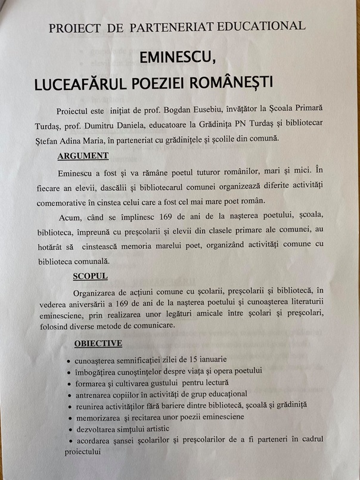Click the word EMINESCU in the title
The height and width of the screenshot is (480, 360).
click(178, 57)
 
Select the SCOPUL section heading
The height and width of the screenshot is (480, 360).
click(90, 278)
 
